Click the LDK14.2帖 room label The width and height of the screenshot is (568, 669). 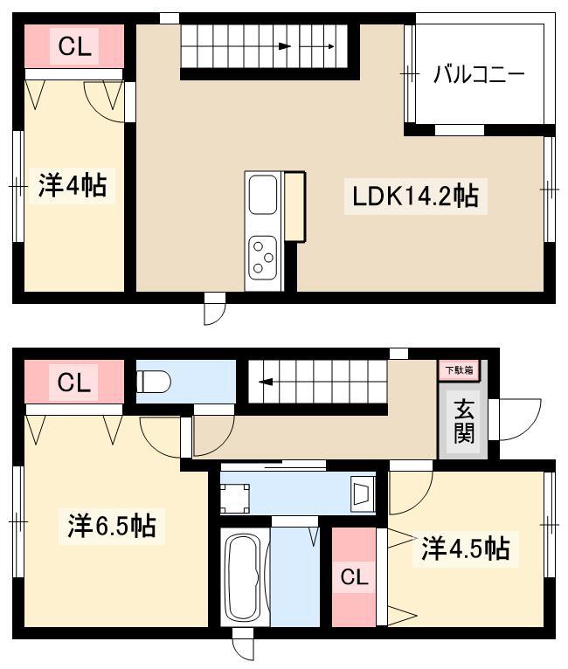[x=415, y=196]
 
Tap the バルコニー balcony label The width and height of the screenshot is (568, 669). [x=479, y=74]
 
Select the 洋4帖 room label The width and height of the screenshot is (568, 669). [x=73, y=185]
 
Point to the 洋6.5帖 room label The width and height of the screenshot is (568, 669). [x=111, y=526]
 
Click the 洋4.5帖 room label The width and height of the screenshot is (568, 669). [x=466, y=548]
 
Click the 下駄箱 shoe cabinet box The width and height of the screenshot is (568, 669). [x=459, y=370]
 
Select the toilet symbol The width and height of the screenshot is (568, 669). [x=153, y=381]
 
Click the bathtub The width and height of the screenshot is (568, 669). [x=245, y=577]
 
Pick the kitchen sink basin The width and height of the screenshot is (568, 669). [x=263, y=195]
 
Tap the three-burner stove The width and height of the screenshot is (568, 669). [x=263, y=258]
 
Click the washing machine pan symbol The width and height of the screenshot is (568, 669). [x=235, y=499]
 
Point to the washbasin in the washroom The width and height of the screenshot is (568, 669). [x=363, y=493]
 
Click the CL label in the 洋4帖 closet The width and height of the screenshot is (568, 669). [x=74, y=46]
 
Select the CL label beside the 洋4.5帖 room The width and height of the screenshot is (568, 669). [x=354, y=577]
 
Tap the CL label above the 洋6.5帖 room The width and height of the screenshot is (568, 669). [x=73, y=383]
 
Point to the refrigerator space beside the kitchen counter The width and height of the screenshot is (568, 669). [x=294, y=206]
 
